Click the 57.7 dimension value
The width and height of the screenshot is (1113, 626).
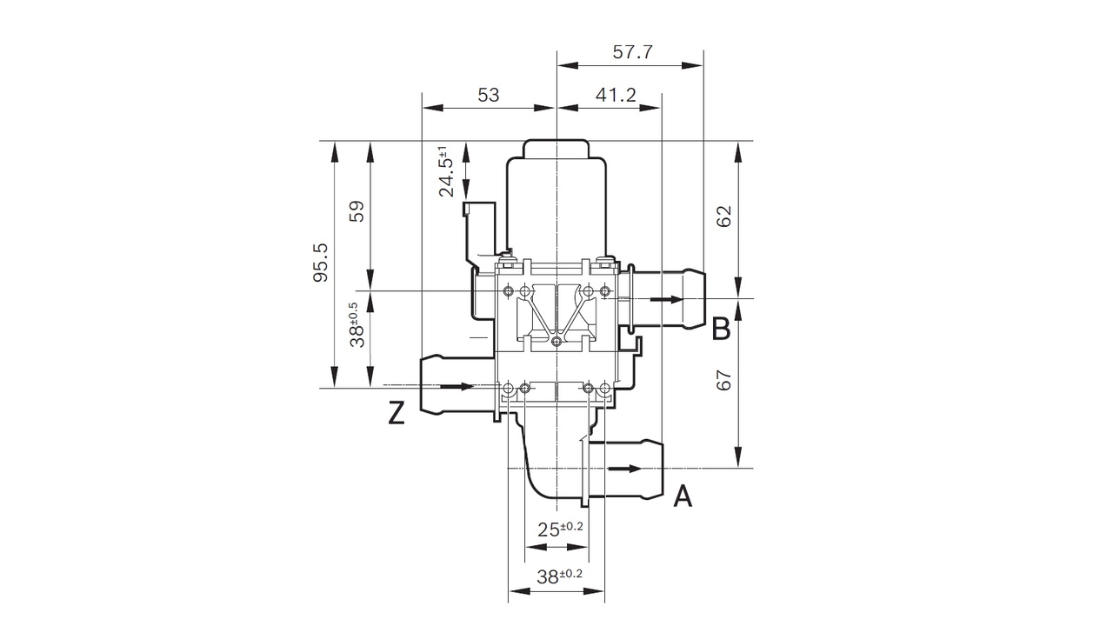pyautogui.click(x=632, y=52)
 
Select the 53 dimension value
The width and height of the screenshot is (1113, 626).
pyautogui.click(x=489, y=95)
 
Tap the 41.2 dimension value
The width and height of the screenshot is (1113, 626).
pyautogui.click(x=616, y=95)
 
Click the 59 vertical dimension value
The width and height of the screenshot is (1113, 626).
pyautogui.click(x=357, y=212)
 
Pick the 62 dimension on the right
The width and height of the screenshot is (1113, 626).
pyautogui.click(x=723, y=216)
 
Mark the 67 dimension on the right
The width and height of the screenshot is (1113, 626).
pyautogui.click(x=723, y=380)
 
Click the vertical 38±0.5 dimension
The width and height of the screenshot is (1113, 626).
pyautogui.click(x=357, y=325)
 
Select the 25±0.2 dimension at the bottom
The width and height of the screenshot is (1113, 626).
pyautogui.click(x=561, y=529)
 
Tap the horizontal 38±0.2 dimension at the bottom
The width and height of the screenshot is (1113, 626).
pyautogui.click(x=559, y=575)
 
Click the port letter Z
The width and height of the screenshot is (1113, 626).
pyautogui.click(x=397, y=415)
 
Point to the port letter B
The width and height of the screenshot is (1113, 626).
pyautogui.click(x=721, y=330)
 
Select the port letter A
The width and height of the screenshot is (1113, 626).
pyautogui.click(x=683, y=496)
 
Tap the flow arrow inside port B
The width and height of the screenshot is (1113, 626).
pyautogui.click(x=666, y=300)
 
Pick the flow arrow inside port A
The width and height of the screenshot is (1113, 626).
pyautogui.click(x=624, y=469)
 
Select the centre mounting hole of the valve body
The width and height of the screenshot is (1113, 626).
pyautogui.click(x=556, y=342)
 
